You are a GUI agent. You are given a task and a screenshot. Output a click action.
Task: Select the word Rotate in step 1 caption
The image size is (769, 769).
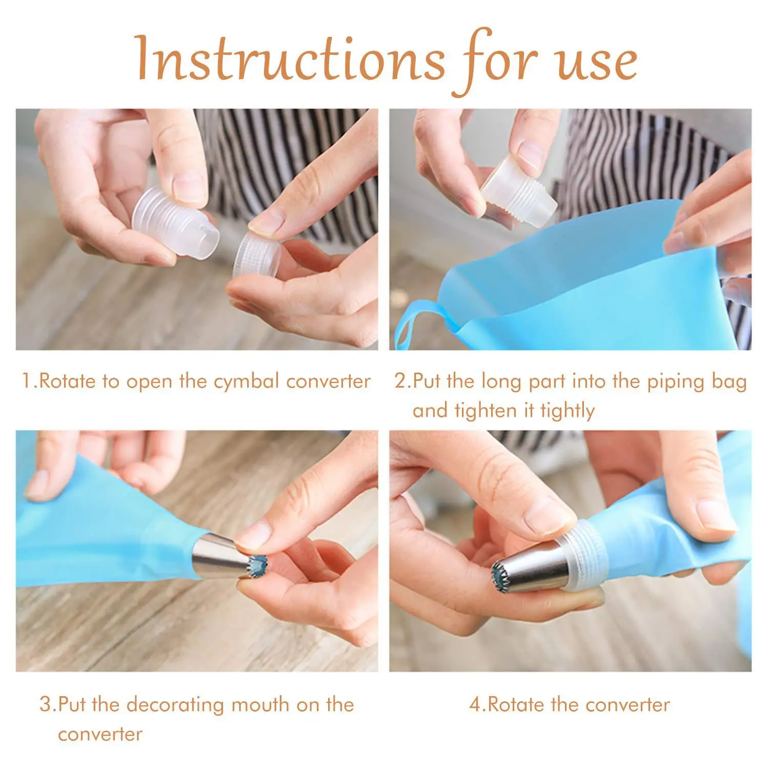pyautogui.click(x=67, y=381)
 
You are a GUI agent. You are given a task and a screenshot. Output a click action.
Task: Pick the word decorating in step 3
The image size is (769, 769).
pyautogui.click(x=175, y=704)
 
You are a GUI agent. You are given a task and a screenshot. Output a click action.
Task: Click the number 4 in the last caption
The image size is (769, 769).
pyautogui.click(x=475, y=704)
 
